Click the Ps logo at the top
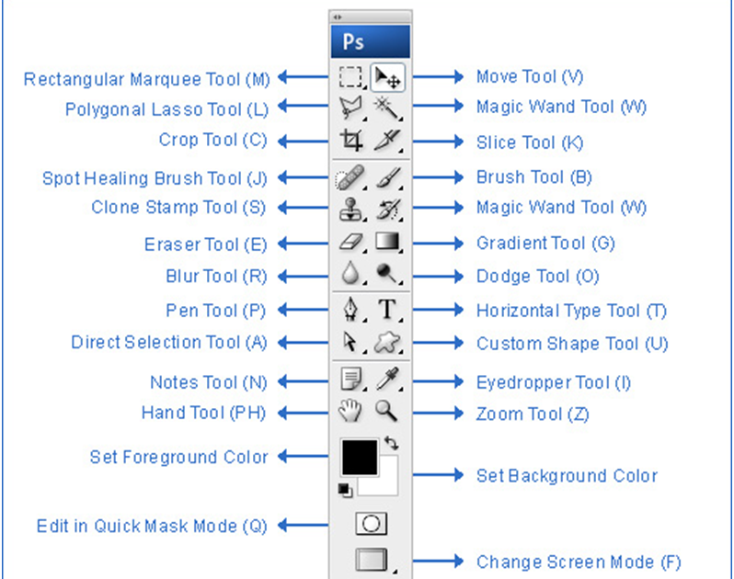(353, 42)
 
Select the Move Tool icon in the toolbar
(386, 76)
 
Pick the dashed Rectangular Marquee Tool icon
(350, 77)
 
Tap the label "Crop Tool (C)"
(212, 141)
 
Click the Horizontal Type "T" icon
(386, 310)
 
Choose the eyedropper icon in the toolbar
(386, 379)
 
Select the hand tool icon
(350, 411)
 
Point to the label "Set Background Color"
(567, 476)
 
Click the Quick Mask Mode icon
(371, 523)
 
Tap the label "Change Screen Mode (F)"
(579, 562)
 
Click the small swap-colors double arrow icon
(391, 443)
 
